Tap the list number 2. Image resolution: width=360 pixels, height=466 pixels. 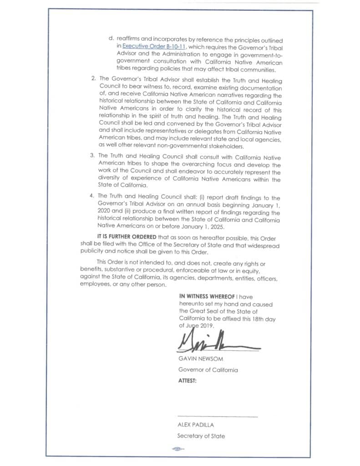pyautogui.click(x=93, y=78)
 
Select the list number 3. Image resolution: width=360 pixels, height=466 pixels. pyautogui.click(x=93, y=156)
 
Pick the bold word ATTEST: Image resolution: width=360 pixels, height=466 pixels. pyautogui.click(x=188, y=381)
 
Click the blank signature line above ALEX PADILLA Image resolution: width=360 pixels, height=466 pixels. pyautogui.click(x=217, y=416)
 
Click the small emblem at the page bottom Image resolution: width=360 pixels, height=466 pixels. pyautogui.click(x=177, y=449)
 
